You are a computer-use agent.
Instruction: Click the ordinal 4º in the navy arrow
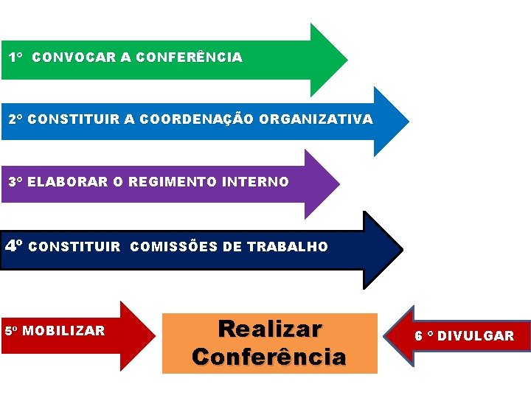tap(15, 245)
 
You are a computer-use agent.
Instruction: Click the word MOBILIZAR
tap(63, 331)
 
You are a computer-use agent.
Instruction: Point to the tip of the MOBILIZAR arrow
tap(154, 336)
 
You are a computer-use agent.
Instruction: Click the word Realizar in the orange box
tap(270, 329)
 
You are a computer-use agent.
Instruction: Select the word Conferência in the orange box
tap(268, 357)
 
